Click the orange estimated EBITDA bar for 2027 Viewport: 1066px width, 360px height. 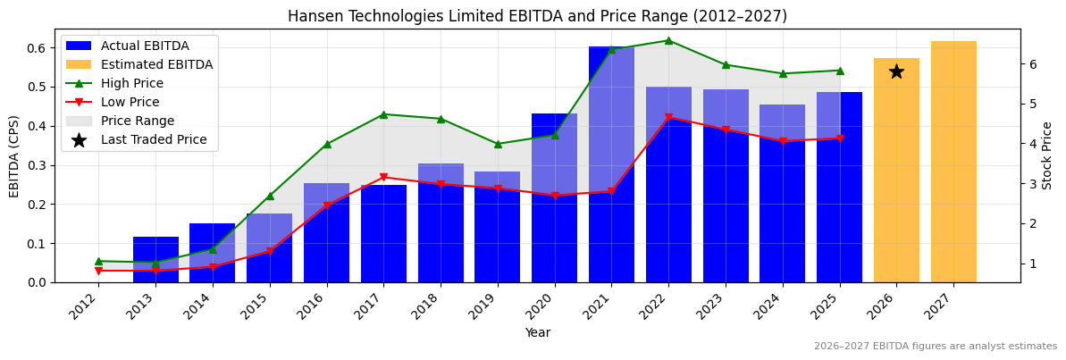tap(953, 161)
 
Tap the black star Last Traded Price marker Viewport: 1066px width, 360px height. tap(896, 71)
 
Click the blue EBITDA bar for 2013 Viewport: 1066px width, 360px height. tap(155, 260)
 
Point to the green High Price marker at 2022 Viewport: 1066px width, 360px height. tap(668, 40)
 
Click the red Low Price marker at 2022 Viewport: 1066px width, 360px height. tap(668, 117)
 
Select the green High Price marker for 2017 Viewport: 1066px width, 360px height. tap(383, 114)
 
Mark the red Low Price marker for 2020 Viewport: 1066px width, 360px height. tap(555, 196)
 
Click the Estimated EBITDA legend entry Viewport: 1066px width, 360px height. tap(156, 64)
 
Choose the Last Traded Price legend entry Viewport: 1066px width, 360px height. tap(153, 139)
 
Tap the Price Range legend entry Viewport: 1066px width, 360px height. tap(138, 121)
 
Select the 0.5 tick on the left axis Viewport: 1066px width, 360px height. tap(38, 87)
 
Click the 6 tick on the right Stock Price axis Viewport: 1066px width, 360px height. tap(1033, 64)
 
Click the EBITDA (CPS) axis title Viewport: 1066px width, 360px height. tap(14, 155)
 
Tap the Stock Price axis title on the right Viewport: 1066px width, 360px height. tap(1048, 155)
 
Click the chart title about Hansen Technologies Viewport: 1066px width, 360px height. tap(537, 16)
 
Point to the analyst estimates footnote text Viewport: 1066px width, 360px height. tap(935, 347)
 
